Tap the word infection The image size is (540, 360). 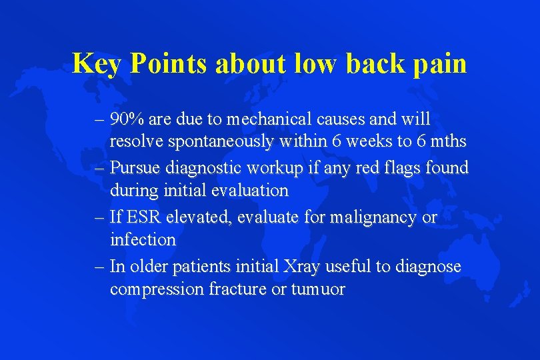143,239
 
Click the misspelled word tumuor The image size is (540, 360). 318,289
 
